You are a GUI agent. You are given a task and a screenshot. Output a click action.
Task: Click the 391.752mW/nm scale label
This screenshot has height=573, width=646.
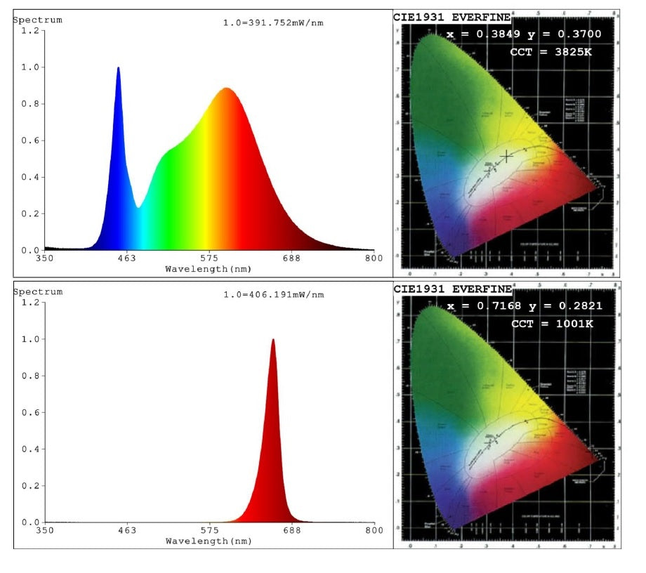click(x=273, y=23)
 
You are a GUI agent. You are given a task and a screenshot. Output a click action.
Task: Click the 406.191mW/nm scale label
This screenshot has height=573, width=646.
click(x=273, y=295)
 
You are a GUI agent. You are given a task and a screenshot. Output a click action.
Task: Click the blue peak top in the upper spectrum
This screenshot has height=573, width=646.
click(x=118, y=68)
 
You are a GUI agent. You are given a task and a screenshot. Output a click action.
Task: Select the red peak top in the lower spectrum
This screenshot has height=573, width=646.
click(x=273, y=340)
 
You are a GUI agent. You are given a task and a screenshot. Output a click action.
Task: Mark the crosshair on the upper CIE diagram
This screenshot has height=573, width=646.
click(x=506, y=157)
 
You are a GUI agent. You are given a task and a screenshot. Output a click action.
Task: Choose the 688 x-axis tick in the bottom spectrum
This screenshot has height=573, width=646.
click(x=291, y=531)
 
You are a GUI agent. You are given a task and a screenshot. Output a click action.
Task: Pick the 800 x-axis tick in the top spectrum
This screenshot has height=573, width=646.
click(x=374, y=258)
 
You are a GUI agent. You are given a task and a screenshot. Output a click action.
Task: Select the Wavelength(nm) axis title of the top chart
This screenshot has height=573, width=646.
click(x=209, y=268)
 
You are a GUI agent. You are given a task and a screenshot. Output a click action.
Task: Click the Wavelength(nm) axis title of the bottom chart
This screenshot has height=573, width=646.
click(x=209, y=541)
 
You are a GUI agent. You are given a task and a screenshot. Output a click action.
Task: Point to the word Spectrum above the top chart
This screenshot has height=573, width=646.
click(x=38, y=20)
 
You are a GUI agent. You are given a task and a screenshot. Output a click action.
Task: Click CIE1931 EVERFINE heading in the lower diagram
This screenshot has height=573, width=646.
click(x=452, y=289)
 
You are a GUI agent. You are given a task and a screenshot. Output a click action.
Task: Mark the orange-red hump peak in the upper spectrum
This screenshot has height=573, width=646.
click(x=226, y=89)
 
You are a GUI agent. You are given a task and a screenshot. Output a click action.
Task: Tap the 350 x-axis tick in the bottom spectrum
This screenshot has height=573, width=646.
click(x=45, y=531)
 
